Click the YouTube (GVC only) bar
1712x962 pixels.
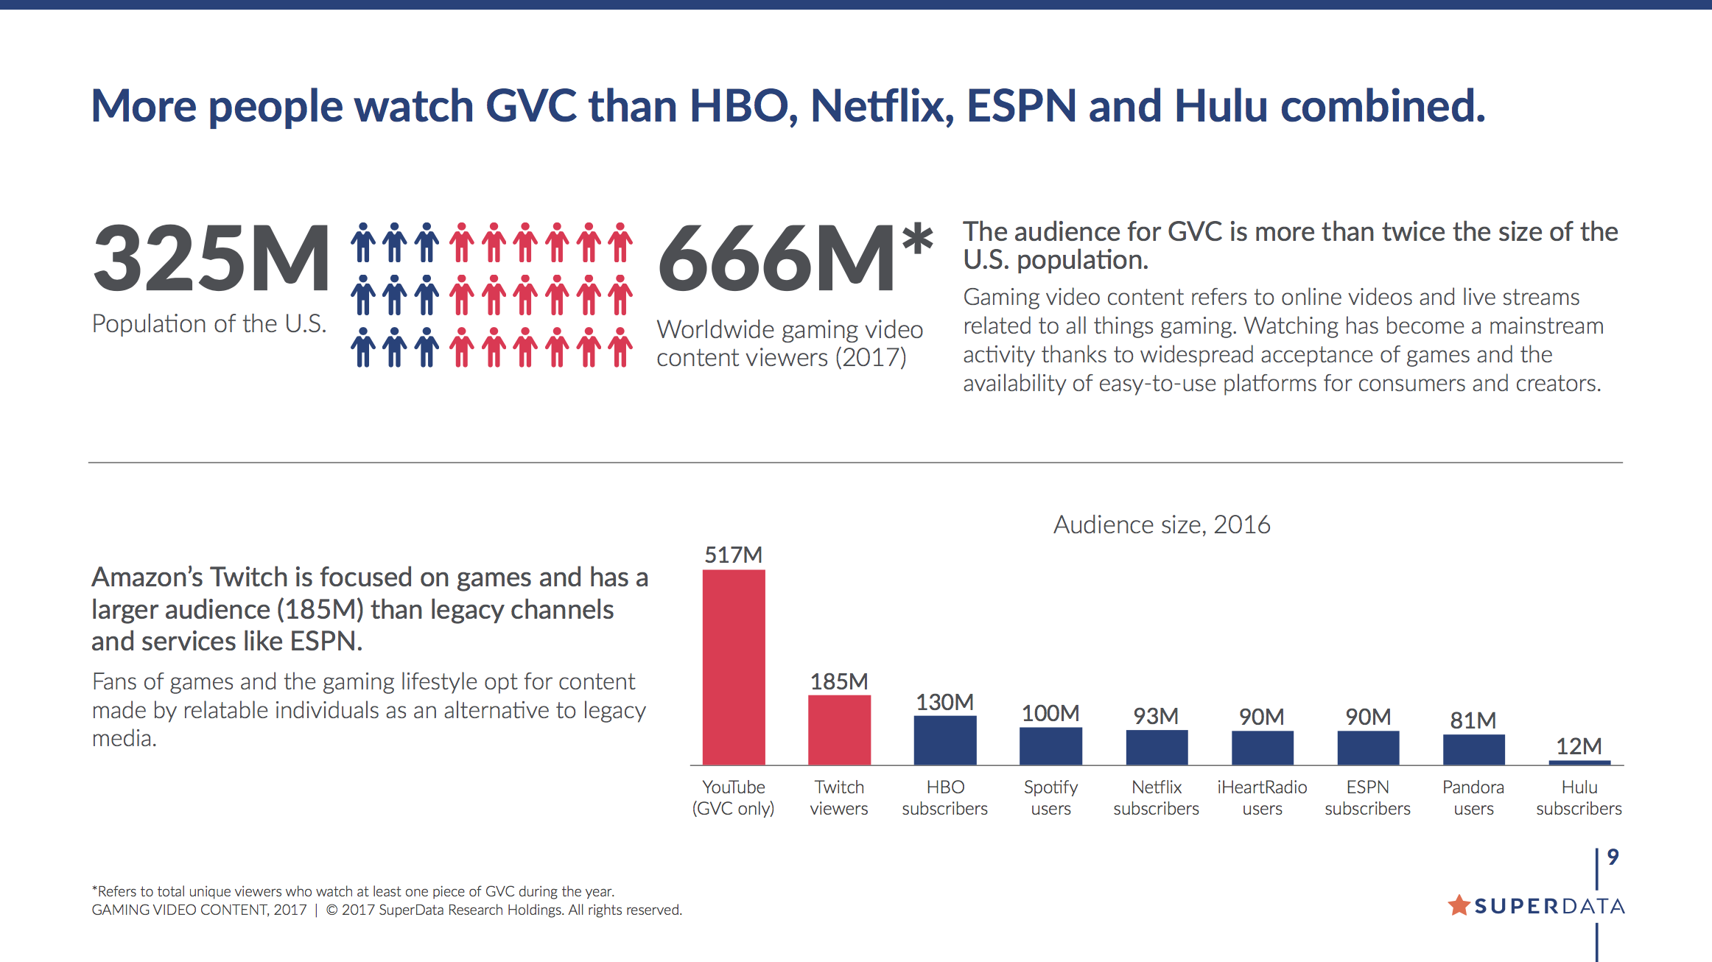pos(734,667)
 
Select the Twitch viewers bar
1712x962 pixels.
pos(839,729)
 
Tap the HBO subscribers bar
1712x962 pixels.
pos(945,740)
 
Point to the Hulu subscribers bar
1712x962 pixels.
pos(1579,762)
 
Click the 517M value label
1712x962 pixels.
pos(733,555)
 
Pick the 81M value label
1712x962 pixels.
pos(1473,720)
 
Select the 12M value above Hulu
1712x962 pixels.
pos(1579,746)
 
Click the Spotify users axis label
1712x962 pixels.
pos(1050,798)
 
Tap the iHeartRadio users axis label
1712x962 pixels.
pos(1262,798)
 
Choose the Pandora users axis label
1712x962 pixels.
pos(1473,798)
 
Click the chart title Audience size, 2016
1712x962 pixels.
pos(1162,524)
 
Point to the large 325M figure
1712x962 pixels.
pos(211,258)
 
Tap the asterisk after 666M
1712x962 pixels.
pos(917,240)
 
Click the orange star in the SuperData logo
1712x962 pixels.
pos(1459,905)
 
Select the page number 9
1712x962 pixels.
pos(1613,857)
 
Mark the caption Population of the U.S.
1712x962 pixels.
pos(209,323)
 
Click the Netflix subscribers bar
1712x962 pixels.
pos(1157,747)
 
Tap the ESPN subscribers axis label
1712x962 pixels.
pos(1367,798)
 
